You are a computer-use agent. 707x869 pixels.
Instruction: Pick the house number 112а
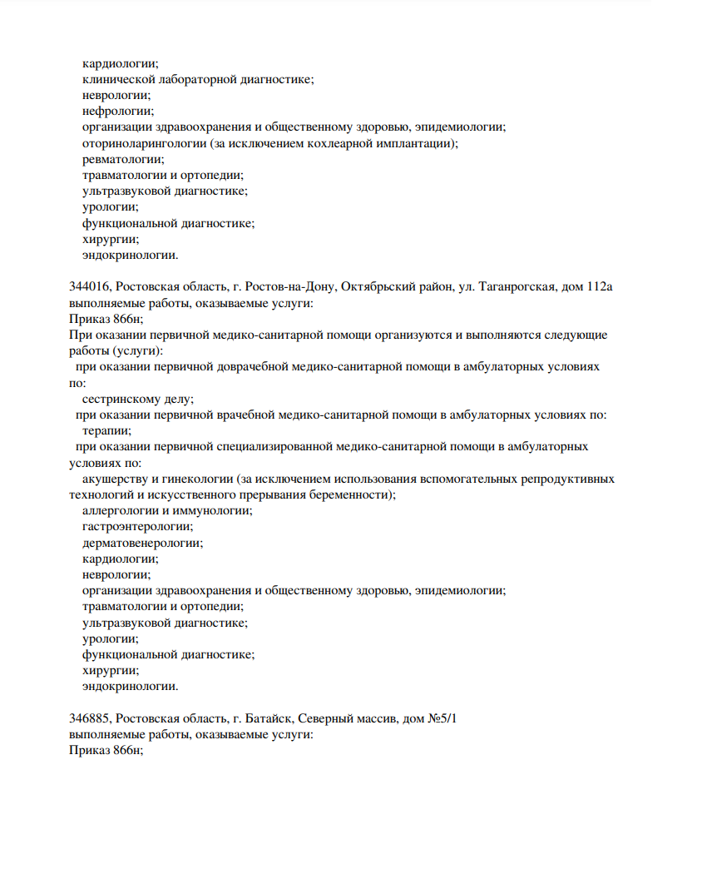pyautogui.click(x=599, y=287)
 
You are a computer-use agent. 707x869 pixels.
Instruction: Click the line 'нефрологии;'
pyautogui.click(x=118, y=111)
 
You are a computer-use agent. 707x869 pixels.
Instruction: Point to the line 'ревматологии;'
pyautogui.click(x=123, y=159)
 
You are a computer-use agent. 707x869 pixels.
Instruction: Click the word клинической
pyautogui.click(x=116, y=79)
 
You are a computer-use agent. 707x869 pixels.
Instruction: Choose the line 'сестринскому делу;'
pyautogui.click(x=138, y=399)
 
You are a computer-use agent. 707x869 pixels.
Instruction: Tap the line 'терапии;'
pyautogui.click(x=106, y=430)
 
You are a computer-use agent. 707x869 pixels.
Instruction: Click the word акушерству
pyautogui.click(x=115, y=479)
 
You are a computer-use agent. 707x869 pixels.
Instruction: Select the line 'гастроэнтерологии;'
pyautogui.click(x=138, y=527)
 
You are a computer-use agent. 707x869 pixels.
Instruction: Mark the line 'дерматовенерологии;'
pyautogui.click(x=142, y=543)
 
